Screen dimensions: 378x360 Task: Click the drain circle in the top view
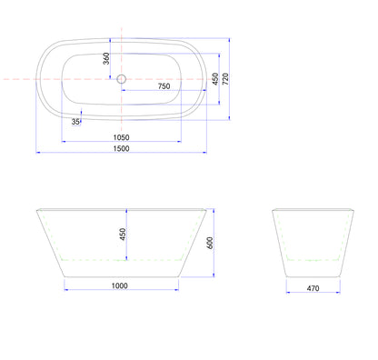pyautogui.click(x=122, y=79)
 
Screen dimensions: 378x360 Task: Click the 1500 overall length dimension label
pyautogui.click(x=121, y=148)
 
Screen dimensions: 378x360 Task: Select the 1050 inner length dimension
pyautogui.click(x=121, y=137)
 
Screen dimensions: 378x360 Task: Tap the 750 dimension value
pyautogui.click(x=164, y=86)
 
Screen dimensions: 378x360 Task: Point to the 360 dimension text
pyautogui.click(x=106, y=58)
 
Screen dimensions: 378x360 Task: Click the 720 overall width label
pyautogui.click(x=225, y=79)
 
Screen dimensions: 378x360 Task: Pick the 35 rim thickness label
pyautogui.click(x=75, y=122)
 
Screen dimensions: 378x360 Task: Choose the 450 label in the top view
pyautogui.click(x=215, y=79)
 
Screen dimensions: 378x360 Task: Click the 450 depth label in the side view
pyautogui.click(x=123, y=235)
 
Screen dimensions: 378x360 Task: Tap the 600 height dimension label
pyautogui.click(x=210, y=243)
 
